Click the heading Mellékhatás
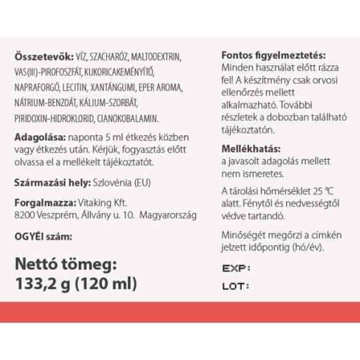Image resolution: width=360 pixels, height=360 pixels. coord(250,149)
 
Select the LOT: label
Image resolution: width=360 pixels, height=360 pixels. coord(236,287)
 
